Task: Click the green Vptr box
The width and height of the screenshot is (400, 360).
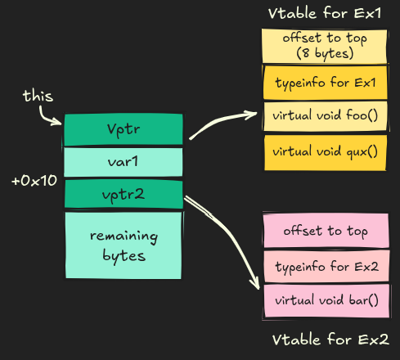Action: (124, 129)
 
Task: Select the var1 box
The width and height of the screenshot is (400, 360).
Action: (124, 162)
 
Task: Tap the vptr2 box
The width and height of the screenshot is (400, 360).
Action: (124, 195)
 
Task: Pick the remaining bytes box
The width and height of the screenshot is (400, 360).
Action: (124, 245)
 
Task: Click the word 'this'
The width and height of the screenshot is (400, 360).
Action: (38, 97)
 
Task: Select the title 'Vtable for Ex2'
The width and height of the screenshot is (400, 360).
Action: (330, 340)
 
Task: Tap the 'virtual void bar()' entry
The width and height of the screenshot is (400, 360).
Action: (325, 300)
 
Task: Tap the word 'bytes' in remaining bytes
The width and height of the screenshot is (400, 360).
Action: (124, 255)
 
